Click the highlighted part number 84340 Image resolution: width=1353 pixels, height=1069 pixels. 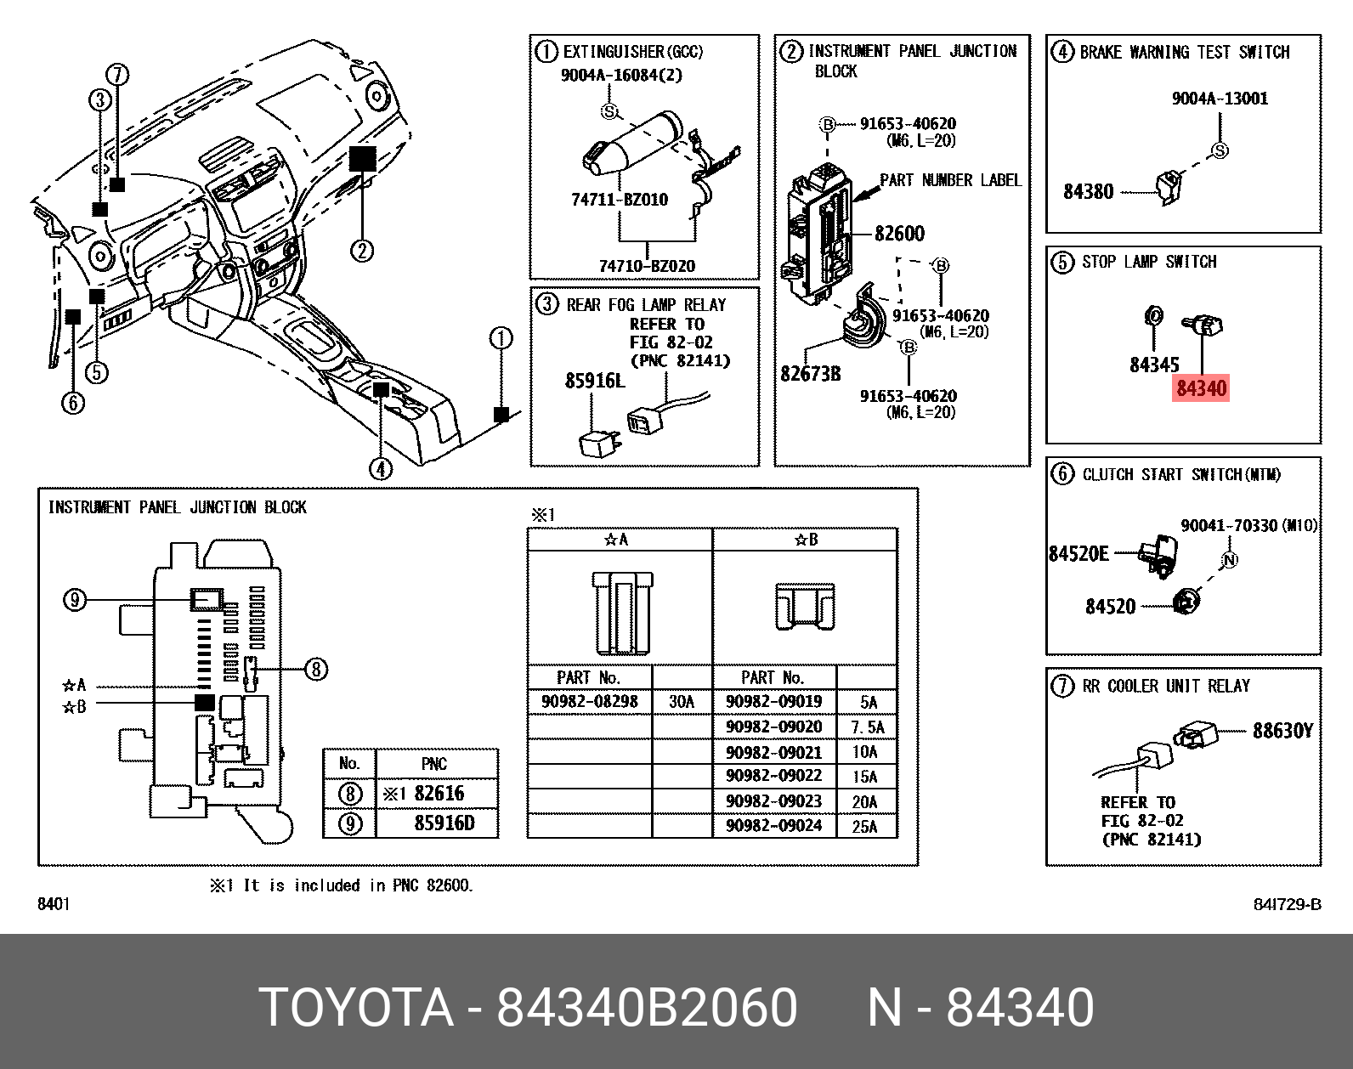click(1201, 389)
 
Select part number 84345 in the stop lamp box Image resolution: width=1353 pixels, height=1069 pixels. click(1153, 365)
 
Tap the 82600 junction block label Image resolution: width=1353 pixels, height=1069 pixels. click(899, 234)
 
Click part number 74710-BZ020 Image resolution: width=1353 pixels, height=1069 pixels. click(647, 266)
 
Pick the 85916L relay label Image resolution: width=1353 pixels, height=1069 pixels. click(595, 381)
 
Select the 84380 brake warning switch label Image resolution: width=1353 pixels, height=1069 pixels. click(1088, 192)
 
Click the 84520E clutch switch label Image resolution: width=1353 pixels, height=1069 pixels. click(1078, 554)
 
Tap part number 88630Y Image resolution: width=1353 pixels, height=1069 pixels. click(1282, 731)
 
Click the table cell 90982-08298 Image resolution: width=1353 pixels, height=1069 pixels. click(589, 702)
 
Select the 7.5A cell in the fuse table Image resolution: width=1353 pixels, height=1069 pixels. click(867, 727)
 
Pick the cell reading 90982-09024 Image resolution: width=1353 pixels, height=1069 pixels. click(773, 826)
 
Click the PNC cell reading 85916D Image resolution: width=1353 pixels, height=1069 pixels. click(444, 823)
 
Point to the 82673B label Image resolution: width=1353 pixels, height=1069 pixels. click(810, 374)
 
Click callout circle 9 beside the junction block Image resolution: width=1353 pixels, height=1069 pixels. click(75, 601)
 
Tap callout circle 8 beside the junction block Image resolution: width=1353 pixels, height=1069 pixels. click(315, 670)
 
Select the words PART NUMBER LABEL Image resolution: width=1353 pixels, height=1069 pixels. click(950, 180)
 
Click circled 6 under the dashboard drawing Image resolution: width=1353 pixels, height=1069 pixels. click(73, 402)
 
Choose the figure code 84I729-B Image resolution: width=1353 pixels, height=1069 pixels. click(1287, 904)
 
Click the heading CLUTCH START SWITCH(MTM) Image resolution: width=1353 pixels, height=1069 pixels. click(1181, 475)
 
